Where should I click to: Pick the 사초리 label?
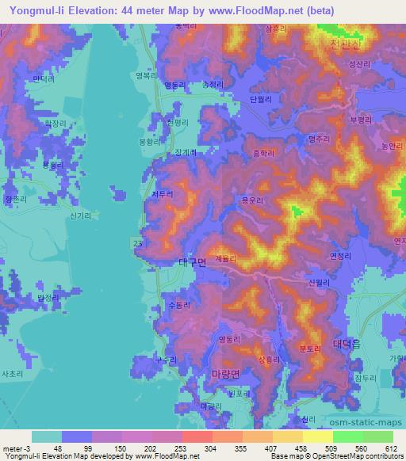[x=13, y=372]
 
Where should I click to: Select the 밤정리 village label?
[x=48, y=297]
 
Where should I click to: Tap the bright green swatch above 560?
[x=347, y=436]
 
